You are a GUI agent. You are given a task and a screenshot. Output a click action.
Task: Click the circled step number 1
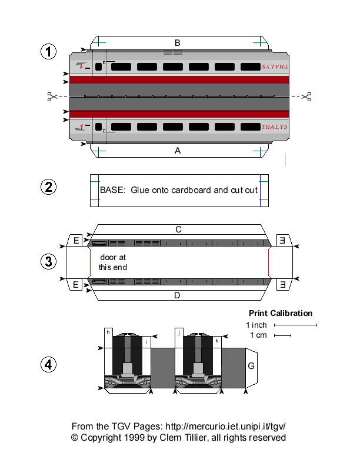click(x=49, y=52)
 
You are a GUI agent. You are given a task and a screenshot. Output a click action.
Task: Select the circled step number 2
click(x=49, y=188)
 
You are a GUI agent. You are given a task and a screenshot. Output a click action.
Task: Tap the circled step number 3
click(x=49, y=262)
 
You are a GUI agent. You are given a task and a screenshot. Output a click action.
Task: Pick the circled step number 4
click(x=49, y=365)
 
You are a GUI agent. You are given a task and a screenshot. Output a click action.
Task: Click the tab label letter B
click(x=177, y=42)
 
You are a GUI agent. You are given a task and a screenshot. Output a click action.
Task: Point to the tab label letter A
click(x=177, y=151)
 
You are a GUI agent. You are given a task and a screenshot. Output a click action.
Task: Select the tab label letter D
click(x=177, y=295)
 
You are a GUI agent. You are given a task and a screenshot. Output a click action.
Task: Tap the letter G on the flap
click(x=251, y=366)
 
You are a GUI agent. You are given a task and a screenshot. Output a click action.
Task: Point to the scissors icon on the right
click(x=306, y=96)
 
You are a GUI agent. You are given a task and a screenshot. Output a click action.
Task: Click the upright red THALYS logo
click(x=274, y=127)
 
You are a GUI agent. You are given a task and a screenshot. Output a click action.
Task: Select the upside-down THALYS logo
click(x=274, y=67)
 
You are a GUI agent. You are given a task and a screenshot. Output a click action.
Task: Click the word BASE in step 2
click(x=112, y=190)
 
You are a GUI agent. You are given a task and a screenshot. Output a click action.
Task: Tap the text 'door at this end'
click(x=112, y=262)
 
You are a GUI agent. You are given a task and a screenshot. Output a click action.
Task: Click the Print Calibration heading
click(x=281, y=313)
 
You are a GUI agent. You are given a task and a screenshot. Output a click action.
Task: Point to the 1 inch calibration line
click(x=295, y=325)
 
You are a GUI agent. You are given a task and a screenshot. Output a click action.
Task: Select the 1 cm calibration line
click(x=282, y=336)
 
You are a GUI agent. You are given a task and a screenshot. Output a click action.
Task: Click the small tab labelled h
click(x=109, y=332)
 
